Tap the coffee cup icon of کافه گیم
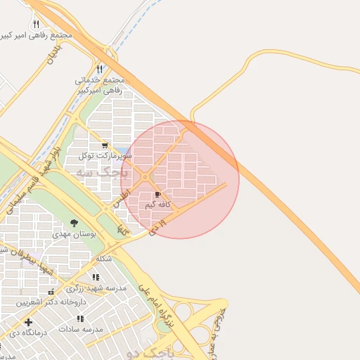157,195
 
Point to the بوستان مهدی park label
74,233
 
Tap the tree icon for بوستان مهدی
74,223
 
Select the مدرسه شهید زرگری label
97,288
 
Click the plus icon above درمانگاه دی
28,322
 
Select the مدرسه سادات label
81,328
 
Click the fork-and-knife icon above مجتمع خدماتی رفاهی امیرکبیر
99,69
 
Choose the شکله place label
103,258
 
